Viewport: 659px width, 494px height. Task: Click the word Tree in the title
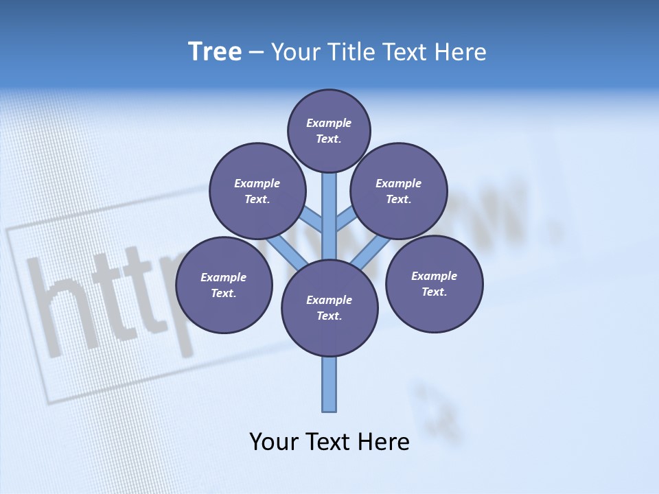[215, 52]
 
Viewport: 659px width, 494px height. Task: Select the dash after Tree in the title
[256, 53]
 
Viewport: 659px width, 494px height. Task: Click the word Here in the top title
[460, 52]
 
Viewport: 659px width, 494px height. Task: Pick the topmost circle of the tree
[329, 130]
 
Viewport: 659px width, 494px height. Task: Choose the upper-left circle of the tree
[257, 191]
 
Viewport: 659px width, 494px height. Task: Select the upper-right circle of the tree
[399, 191]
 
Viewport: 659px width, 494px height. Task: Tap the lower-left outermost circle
[224, 285]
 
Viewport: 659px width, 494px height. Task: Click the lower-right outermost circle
[434, 283]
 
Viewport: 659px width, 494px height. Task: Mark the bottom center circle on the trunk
[329, 308]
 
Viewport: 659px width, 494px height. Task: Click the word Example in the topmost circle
[329, 123]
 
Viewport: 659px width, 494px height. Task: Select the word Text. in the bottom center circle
[329, 316]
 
